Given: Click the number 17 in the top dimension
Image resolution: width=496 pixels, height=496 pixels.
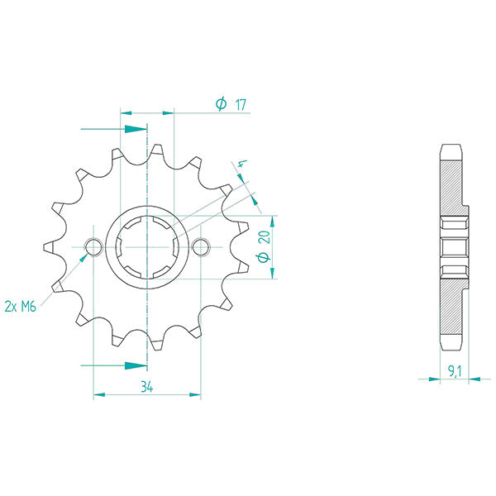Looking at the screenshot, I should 241,104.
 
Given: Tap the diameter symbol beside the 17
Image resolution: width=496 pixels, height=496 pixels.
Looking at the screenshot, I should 221,104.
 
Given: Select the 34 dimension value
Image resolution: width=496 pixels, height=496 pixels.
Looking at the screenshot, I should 147,386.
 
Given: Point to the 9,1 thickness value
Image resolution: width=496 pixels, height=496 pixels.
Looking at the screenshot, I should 453,372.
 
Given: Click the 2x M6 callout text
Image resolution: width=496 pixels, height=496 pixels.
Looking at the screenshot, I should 20,306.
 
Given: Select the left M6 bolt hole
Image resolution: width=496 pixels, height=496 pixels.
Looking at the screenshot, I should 93,246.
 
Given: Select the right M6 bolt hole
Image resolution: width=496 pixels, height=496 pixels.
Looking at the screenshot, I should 200,246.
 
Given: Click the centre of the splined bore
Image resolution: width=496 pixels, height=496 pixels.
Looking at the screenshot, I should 147,246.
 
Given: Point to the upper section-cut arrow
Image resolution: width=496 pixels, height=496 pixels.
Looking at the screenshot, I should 132,129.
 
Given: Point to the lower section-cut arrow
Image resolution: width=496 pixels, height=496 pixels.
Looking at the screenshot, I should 132,365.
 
